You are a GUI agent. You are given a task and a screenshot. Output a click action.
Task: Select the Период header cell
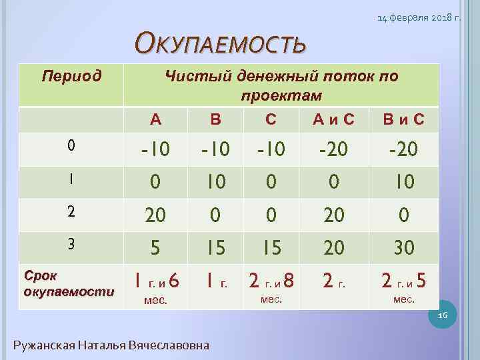pos(72,75)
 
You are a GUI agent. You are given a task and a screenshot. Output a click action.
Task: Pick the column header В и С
pos(403,121)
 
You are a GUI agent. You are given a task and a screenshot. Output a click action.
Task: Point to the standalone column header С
pos(270,121)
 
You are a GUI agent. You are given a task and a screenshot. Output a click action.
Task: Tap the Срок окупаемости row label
pos(69,283)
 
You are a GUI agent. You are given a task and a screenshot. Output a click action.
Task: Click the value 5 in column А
pos(155,248)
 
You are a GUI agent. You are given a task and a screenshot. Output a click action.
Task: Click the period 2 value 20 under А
pos(155,215)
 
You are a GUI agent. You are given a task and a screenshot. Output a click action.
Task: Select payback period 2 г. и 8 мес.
pos(271,286)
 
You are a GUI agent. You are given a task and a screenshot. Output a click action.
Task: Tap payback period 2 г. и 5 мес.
pos(403,286)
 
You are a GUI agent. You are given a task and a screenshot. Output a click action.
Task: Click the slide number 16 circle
pos(443,314)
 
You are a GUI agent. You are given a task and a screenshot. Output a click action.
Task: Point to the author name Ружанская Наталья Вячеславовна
pos(111,345)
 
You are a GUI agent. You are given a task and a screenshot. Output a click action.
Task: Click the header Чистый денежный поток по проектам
pos(281,85)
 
